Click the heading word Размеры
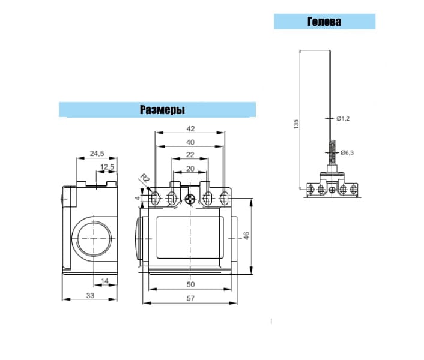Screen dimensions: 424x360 162,110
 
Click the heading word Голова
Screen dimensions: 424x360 324,22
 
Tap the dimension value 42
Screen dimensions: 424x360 190,129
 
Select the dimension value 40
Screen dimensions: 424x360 190,142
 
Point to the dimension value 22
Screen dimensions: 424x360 190,155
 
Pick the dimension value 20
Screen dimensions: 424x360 190,169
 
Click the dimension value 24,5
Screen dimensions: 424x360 97,154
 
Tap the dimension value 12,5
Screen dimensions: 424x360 107,167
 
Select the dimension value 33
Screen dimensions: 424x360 90,296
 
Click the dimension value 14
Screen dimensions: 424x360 104,281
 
